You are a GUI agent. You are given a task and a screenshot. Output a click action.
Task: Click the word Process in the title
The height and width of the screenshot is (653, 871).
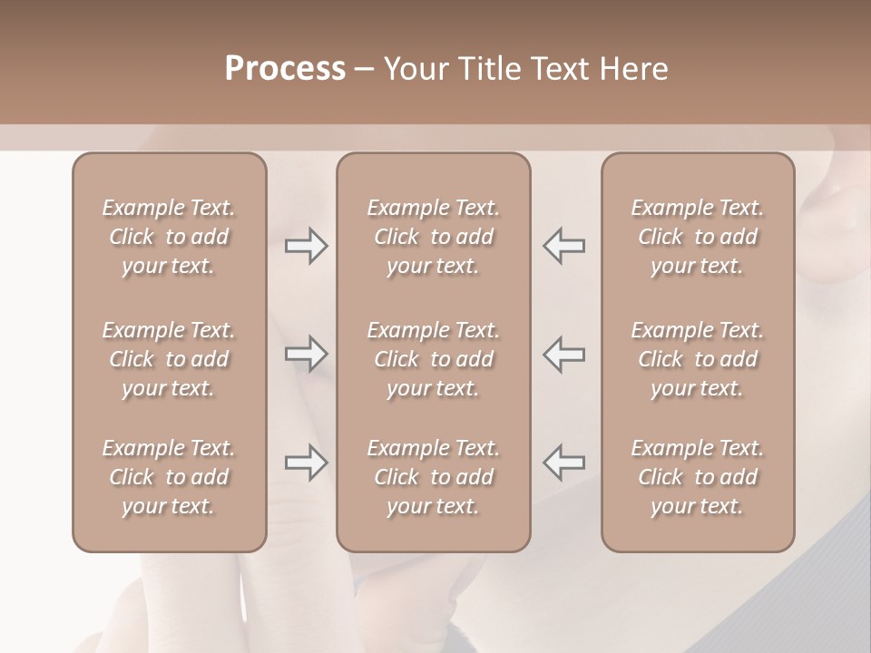pyautogui.click(x=285, y=69)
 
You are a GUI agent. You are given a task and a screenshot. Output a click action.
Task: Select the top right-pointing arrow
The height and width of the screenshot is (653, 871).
pyautogui.click(x=307, y=246)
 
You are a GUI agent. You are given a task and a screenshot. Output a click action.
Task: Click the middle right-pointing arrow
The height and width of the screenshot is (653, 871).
pyautogui.click(x=307, y=353)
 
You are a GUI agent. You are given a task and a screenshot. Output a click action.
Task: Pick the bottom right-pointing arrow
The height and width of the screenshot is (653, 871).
pyautogui.click(x=307, y=463)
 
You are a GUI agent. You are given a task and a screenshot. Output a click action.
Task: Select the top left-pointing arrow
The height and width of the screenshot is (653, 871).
pyautogui.click(x=564, y=246)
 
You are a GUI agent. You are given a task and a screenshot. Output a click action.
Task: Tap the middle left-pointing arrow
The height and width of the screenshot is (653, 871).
pyautogui.click(x=564, y=353)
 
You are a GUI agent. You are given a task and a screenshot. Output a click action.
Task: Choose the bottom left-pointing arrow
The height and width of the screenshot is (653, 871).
pyautogui.click(x=564, y=463)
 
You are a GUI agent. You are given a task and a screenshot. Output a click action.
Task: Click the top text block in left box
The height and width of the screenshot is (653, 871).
pyautogui.click(x=169, y=237)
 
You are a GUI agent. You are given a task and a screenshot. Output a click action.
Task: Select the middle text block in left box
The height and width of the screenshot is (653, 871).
pyautogui.click(x=169, y=359)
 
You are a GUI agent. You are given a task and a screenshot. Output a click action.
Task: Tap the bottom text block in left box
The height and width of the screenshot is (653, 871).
pyautogui.click(x=169, y=477)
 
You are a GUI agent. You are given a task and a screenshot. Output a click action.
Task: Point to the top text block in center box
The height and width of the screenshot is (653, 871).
pyautogui.click(x=433, y=237)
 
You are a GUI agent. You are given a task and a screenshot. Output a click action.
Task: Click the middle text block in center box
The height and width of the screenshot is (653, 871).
pyautogui.click(x=433, y=359)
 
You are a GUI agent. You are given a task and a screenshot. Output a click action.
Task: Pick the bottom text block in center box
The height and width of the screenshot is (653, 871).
pyautogui.click(x=433, y=477)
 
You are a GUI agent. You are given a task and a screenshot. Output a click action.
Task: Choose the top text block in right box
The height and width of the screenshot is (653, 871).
pyautogui.click(x=698, y=237)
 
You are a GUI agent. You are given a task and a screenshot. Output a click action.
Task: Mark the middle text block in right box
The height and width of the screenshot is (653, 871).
pyautogui.click(x=698, y=359)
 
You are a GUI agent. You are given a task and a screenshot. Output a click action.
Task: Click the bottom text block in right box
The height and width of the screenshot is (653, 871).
pyautogui.click(x=698, y=477)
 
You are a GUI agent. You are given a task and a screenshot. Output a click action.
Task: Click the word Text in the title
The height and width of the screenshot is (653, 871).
pyautogui.click(x=554, y=69)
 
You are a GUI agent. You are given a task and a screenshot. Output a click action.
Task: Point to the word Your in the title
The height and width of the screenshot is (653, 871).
pyautogui.click(x=415, y=69)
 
